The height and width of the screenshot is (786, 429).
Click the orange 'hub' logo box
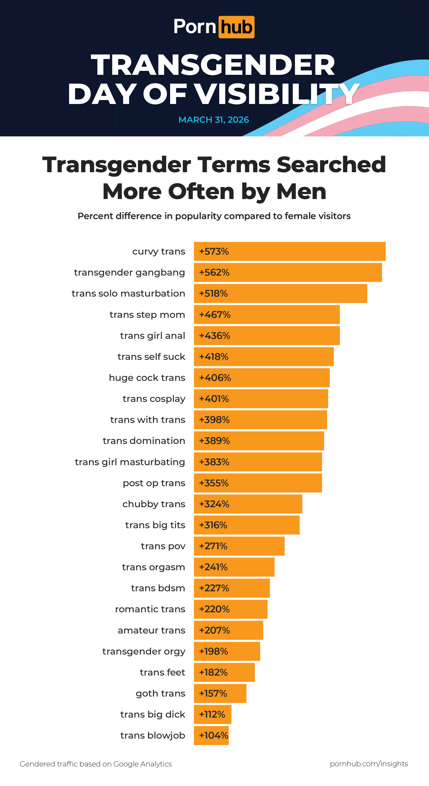click(236, 27)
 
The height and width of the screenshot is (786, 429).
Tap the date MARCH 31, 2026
click(214, 120)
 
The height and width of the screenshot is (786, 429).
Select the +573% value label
click(214, 251)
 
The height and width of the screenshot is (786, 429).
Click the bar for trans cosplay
click(261, 399)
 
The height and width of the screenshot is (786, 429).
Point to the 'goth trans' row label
click(160, 693)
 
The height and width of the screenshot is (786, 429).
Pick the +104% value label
click(213, 735)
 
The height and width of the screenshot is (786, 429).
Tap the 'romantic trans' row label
click(150, 609)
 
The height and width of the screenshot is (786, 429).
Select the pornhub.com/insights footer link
click(369, 764)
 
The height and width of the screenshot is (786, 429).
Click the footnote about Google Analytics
click(96, 764)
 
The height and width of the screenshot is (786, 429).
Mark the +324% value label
click(214, 504)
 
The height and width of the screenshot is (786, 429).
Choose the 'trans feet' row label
click(162, 672)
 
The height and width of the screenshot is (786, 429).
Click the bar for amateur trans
click(228, 630)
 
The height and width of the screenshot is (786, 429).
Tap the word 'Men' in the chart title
click(301, 192)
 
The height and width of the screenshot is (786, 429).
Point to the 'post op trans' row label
click(154, 483)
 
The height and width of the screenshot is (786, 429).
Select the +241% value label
click(213, 567)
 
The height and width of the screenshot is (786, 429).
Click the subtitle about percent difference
click(214, 216)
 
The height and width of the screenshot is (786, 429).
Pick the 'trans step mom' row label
click(147, 315)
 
